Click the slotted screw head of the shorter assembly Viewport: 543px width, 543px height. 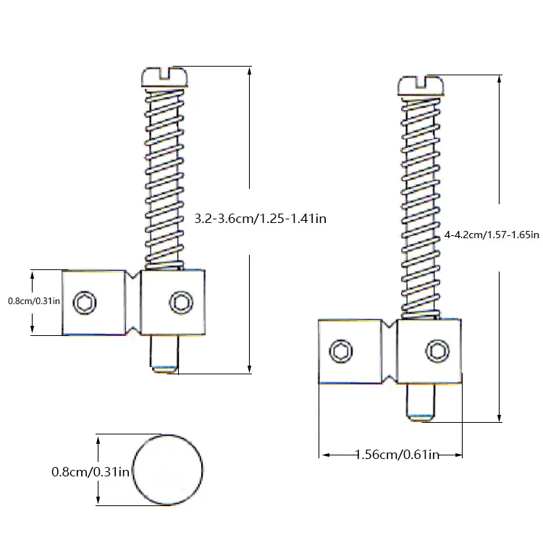point(165,77)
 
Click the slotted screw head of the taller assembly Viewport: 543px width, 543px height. point(421,86)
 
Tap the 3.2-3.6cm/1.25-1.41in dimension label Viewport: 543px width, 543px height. point(261,219)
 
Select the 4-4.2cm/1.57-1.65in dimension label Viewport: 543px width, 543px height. point(492,235)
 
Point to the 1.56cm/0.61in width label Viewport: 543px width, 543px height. point(397,455)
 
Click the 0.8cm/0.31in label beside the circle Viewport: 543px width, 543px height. point(90,471)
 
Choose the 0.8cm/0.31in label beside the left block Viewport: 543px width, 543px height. point(34,301)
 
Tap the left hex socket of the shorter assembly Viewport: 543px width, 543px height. point(85,303)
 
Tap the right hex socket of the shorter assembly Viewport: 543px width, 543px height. point(181,303)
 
